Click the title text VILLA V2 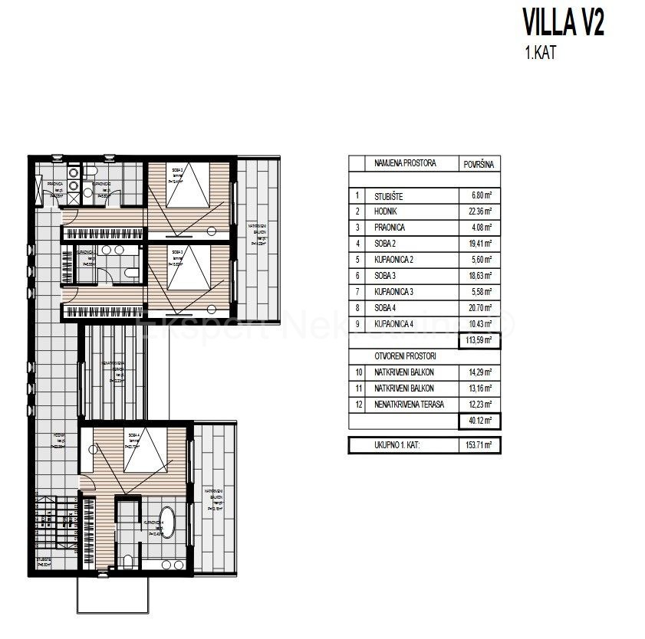562,23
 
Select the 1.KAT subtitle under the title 534,55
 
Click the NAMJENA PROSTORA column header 405,164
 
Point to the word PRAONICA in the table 390,228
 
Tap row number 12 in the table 357,405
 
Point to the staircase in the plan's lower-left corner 54,529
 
